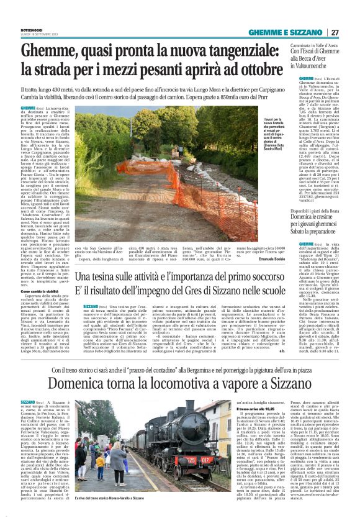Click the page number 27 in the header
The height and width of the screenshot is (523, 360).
tap(335, 32)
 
